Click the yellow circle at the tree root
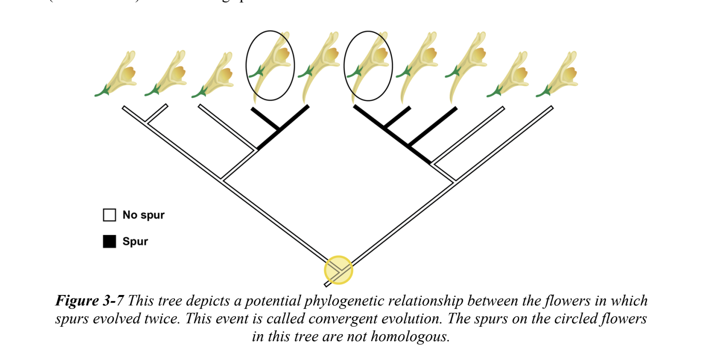click(338, 270)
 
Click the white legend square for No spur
click(109, 215)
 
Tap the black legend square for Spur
click(109, 241)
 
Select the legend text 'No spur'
click(143, 215)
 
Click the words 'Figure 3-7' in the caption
click(89, 300)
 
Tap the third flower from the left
click(218, 74)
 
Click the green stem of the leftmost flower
click(103, 92)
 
